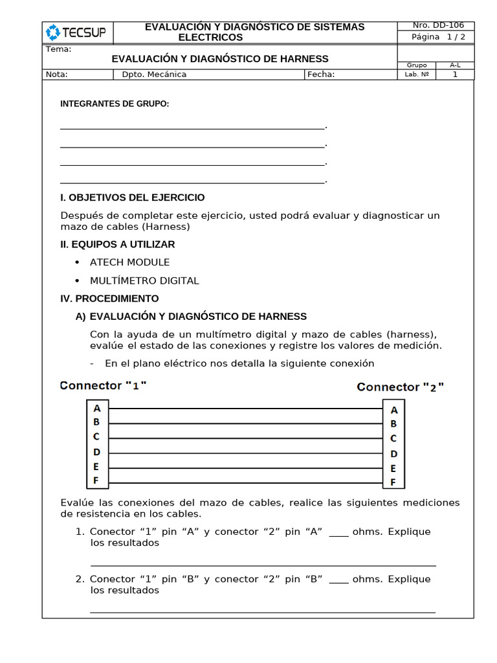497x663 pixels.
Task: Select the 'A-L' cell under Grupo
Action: [x=455, y=65]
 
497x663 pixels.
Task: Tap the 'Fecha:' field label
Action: [x=321, y=74]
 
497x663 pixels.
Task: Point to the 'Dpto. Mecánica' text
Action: [x=154, y=74]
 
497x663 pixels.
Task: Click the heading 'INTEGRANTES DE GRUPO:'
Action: [x=115, y=104]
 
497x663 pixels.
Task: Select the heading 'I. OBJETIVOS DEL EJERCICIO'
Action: [x=133, y=197]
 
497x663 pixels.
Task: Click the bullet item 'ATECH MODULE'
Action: [x=129, y=262]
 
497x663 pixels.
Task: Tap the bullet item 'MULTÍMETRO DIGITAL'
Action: [x=144, y=281]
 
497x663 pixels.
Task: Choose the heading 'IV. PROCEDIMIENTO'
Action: [x=109, y=298]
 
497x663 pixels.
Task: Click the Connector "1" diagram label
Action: [x=104, y=385]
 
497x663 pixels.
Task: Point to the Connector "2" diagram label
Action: [x=401, y=387]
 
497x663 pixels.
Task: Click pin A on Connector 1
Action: [x=97, y=409]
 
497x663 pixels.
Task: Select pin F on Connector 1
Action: [x=96, y=480]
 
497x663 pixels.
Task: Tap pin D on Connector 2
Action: [x=393, y=454]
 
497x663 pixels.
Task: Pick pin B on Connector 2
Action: [x=393, y=424]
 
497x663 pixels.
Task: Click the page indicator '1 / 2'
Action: [x=456, y=37]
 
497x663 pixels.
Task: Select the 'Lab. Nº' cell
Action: [x=417, y=74]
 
